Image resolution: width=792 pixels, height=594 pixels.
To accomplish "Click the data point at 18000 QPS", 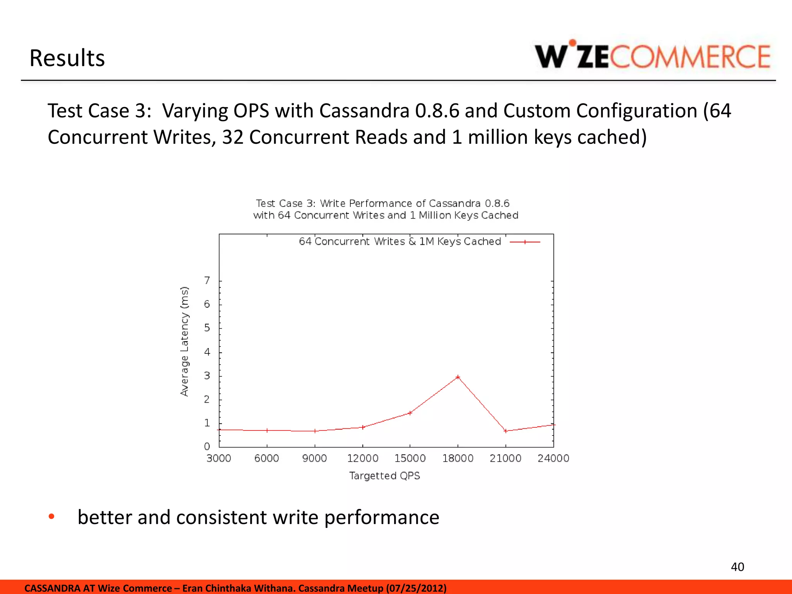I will (458, 377).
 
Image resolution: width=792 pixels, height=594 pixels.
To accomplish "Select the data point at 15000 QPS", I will (410, 413).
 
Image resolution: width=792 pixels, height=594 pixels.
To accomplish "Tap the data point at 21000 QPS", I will (505, 431).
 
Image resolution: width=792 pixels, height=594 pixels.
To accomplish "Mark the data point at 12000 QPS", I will (362, 427).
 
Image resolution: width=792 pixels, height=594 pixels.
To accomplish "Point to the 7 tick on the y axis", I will (207, 280).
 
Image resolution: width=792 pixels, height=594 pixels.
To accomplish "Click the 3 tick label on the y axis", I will (207, 376).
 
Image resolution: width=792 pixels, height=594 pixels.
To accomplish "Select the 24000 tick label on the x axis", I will (553, 459).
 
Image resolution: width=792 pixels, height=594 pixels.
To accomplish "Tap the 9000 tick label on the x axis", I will (314, 459).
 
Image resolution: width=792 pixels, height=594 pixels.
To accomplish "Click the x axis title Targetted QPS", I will (384, 476).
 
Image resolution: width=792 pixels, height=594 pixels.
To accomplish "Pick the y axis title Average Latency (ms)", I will (184, 341).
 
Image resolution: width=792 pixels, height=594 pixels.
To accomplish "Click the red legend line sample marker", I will (525, 242).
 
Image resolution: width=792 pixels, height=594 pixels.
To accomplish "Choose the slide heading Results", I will (67, 58).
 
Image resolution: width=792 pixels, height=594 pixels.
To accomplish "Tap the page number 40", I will (737, 567).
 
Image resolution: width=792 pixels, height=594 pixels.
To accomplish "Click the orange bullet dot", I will (51, 517).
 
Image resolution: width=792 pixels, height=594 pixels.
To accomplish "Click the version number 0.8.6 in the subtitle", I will (437, 111).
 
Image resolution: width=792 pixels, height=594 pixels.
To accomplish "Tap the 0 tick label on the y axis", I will (207, 447).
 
